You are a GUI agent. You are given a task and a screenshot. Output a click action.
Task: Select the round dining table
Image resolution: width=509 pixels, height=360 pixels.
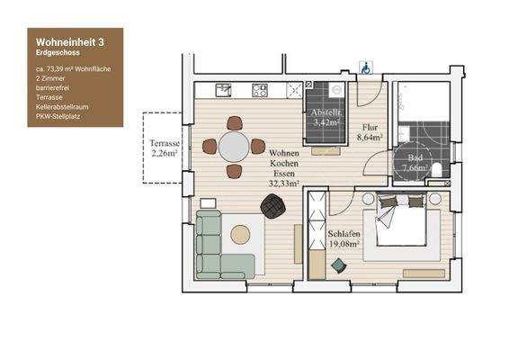234,146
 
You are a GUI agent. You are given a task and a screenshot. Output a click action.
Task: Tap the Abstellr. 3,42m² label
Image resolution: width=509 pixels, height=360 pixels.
325,118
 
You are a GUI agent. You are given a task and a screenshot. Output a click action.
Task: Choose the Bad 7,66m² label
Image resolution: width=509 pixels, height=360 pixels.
413,162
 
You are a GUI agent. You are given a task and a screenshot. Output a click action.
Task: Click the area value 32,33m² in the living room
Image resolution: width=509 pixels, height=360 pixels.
284,183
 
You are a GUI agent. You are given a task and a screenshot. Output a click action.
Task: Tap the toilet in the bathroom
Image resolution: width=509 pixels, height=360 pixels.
435,171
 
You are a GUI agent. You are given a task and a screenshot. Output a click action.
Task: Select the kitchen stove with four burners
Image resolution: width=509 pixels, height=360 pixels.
261,91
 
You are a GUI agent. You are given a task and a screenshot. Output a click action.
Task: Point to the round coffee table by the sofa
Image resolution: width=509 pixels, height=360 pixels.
241,235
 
